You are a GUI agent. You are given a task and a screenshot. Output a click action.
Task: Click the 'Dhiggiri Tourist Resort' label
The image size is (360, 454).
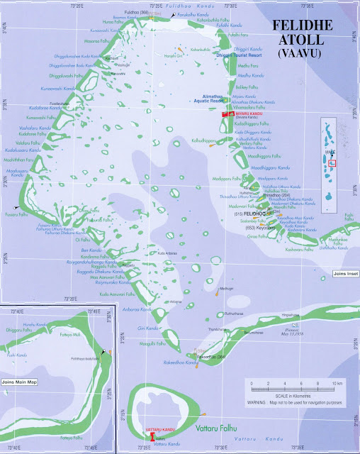(x=227, y=55)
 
